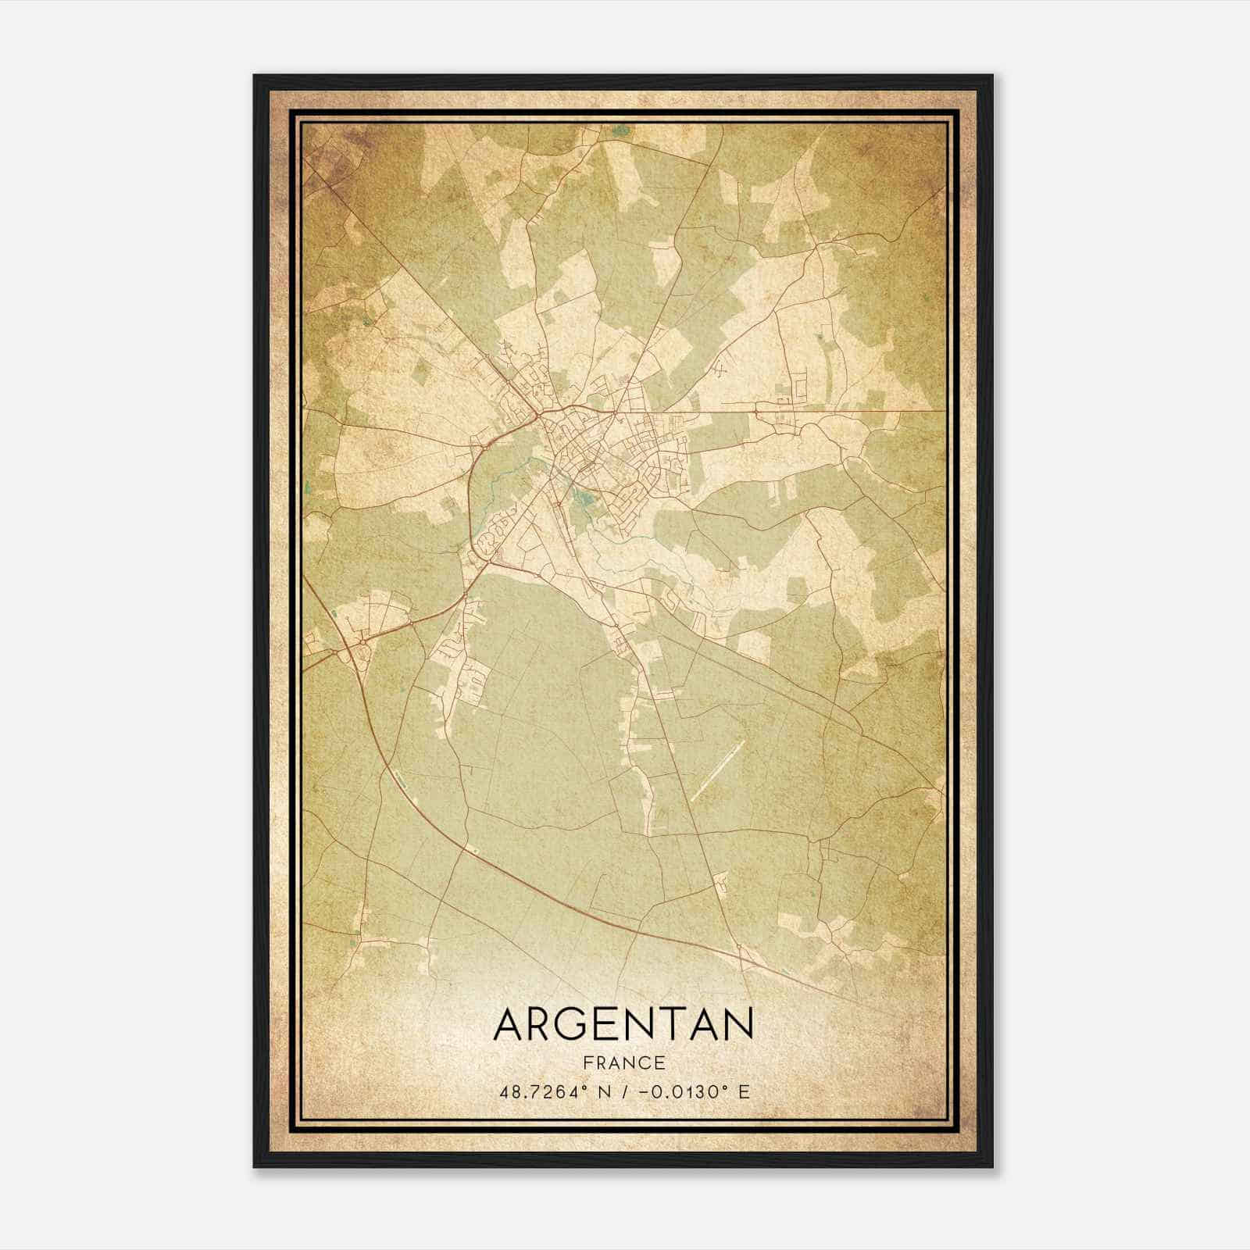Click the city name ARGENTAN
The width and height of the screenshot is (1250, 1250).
point(623,1024)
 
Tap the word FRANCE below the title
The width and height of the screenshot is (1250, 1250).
point(623,1063)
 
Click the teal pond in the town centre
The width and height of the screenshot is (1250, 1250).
point(582,494)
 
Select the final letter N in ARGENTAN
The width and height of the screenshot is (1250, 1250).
point(737,1024)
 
